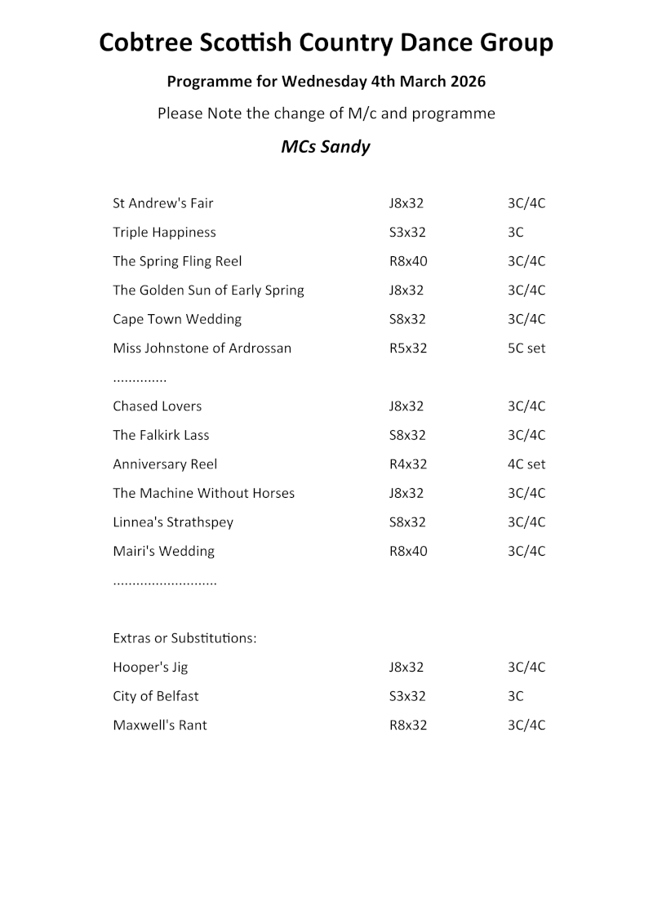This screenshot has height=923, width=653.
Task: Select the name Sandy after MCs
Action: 348,147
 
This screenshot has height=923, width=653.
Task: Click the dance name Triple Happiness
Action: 164,233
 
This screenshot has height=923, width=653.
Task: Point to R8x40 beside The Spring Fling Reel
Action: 408,261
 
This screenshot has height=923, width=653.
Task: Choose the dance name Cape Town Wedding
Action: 177,319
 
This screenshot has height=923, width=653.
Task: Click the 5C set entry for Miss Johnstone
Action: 526,348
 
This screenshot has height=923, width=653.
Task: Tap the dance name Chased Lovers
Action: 158,406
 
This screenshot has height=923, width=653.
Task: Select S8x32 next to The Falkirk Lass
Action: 407,435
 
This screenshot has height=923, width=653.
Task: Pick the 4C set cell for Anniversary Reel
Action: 526,464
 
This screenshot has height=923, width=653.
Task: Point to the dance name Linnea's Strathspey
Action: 173,522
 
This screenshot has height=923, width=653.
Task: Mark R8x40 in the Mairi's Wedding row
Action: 408,551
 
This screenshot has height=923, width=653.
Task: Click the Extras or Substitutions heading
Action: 184,638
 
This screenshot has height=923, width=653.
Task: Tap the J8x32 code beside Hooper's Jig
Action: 406,668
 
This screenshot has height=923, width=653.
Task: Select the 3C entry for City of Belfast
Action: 516,696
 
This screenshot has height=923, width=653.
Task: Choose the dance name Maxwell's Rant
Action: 160,726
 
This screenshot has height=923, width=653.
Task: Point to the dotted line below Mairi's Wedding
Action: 165,584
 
